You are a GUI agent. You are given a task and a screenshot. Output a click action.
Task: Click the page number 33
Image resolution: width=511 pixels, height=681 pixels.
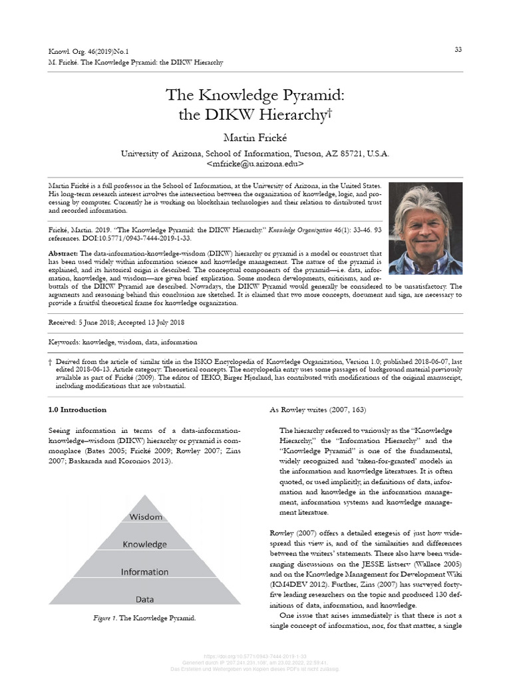458,50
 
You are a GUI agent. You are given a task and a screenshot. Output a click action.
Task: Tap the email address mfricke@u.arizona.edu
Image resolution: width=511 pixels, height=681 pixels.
255,163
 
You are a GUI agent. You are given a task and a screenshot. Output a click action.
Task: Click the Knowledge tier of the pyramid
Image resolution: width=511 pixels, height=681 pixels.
145,544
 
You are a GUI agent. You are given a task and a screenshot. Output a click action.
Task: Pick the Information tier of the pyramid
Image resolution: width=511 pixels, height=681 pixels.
145,572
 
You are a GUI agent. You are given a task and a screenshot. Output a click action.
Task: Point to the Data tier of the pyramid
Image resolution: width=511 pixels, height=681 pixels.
145,599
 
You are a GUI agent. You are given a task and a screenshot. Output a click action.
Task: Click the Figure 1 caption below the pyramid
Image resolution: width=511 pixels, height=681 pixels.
144,618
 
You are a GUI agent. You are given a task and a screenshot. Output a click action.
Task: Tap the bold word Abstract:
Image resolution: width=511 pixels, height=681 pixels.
64,254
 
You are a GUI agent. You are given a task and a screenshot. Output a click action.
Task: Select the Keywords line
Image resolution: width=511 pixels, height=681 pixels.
123,342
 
